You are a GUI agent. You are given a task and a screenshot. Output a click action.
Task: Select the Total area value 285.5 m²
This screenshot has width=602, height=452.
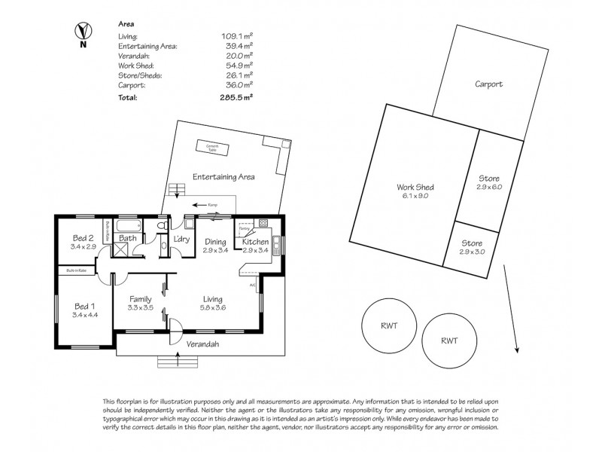point(236,97)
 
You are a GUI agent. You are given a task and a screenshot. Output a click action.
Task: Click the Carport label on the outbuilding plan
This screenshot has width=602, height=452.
point(488,84)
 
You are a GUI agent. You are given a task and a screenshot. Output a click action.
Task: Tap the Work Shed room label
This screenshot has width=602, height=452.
point(415,191)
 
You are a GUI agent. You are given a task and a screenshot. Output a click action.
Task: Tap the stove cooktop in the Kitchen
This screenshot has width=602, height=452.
point(263,223)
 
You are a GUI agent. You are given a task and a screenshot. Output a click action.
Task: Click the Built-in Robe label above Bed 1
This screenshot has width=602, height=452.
point(77,270)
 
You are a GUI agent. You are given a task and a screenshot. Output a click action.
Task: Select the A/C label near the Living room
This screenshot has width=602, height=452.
point(252,285)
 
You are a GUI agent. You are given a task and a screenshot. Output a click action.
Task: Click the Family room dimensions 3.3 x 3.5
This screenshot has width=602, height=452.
point(141,307)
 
